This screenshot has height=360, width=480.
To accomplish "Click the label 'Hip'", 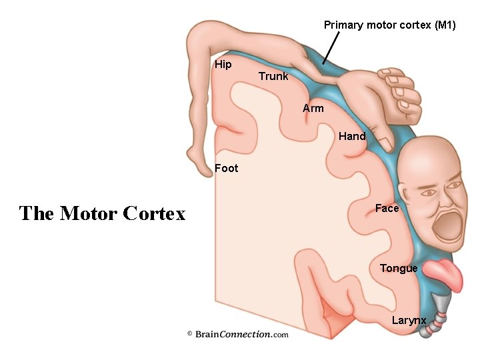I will click(223, 65).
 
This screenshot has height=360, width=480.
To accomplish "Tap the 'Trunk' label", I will click(273, 76).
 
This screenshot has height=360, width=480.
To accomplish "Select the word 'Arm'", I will click(313, 108).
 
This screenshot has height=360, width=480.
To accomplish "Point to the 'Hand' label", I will click(352, 136).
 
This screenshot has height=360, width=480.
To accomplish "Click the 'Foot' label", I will click(226, 168).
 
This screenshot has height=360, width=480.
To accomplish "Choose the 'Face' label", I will click(387, 208).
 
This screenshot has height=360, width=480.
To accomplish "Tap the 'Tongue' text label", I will click(399, 268).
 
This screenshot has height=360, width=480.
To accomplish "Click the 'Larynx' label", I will click(409, 320).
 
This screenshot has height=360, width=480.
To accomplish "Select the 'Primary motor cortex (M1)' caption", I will click(390, 25).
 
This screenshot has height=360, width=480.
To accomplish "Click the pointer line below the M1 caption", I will click(331, 48).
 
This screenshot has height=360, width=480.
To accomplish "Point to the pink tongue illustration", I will click(444, 274).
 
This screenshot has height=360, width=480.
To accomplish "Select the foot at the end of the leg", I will click(197, 163).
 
